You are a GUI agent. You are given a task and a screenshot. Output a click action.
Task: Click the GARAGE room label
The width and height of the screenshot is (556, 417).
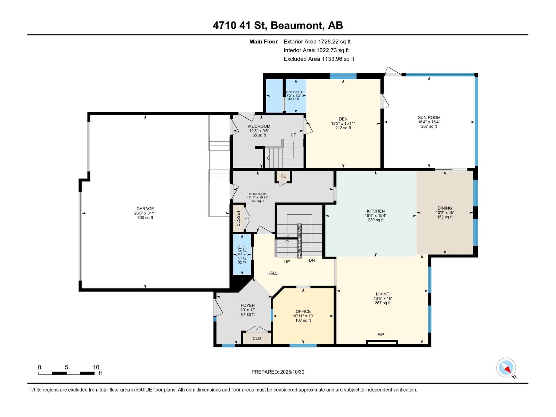pyautogui.click(x=145, y=209)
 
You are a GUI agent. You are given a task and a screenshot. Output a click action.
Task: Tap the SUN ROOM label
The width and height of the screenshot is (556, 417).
pyautogui.click(x=429, y=117)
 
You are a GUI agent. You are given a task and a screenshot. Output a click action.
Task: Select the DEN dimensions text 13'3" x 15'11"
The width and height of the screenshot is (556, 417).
pyautogui.click(x=343, y=123)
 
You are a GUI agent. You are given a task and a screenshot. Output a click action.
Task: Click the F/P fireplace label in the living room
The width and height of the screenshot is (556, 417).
pyautogui.click(x=381, y=335)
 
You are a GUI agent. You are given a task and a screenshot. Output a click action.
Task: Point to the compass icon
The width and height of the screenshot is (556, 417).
pyautogui.click(x=506, y=368)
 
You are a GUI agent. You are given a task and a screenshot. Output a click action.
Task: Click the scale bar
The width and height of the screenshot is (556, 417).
pyautogui.click(x=66, y=373)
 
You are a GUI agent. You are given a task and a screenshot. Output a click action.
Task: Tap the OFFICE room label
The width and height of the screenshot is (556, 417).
pyautogui.click(x=303, y=311)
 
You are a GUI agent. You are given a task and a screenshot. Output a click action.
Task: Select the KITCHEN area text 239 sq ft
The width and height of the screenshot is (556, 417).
pyautogui.click(x=375, y=220)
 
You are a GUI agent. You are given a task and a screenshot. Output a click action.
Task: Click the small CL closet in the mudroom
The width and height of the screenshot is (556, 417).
pyautogui.click(x=283, y=176)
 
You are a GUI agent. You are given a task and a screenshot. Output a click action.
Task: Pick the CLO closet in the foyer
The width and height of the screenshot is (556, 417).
pyautogui.click(x=257, y=338)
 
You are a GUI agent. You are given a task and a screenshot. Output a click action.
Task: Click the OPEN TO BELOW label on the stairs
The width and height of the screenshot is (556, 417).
pyautogui.click(x=299, y=240)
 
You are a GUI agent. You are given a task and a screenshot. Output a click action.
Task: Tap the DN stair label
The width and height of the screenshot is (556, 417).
pyautogui.click(x=312, y=260)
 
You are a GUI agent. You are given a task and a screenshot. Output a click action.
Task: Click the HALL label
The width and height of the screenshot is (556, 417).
pyautogui.click(x=272, y=273)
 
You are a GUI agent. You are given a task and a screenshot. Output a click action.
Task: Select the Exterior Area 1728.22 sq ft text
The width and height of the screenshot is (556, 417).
pyautogui.click(x=317, y=41)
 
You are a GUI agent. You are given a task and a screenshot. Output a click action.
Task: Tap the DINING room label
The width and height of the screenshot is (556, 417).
pyautogui.click(x=445, y=208)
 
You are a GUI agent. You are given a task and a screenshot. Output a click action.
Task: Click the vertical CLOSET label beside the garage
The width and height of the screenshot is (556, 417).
pyautogui.click(x=238, y=218)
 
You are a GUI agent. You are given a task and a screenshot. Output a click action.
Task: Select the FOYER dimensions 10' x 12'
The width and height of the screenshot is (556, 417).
pyautogui.click(x=248, y=310)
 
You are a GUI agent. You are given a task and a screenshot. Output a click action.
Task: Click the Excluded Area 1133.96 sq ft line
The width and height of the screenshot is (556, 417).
pyautogui.click(x=319, y=59)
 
